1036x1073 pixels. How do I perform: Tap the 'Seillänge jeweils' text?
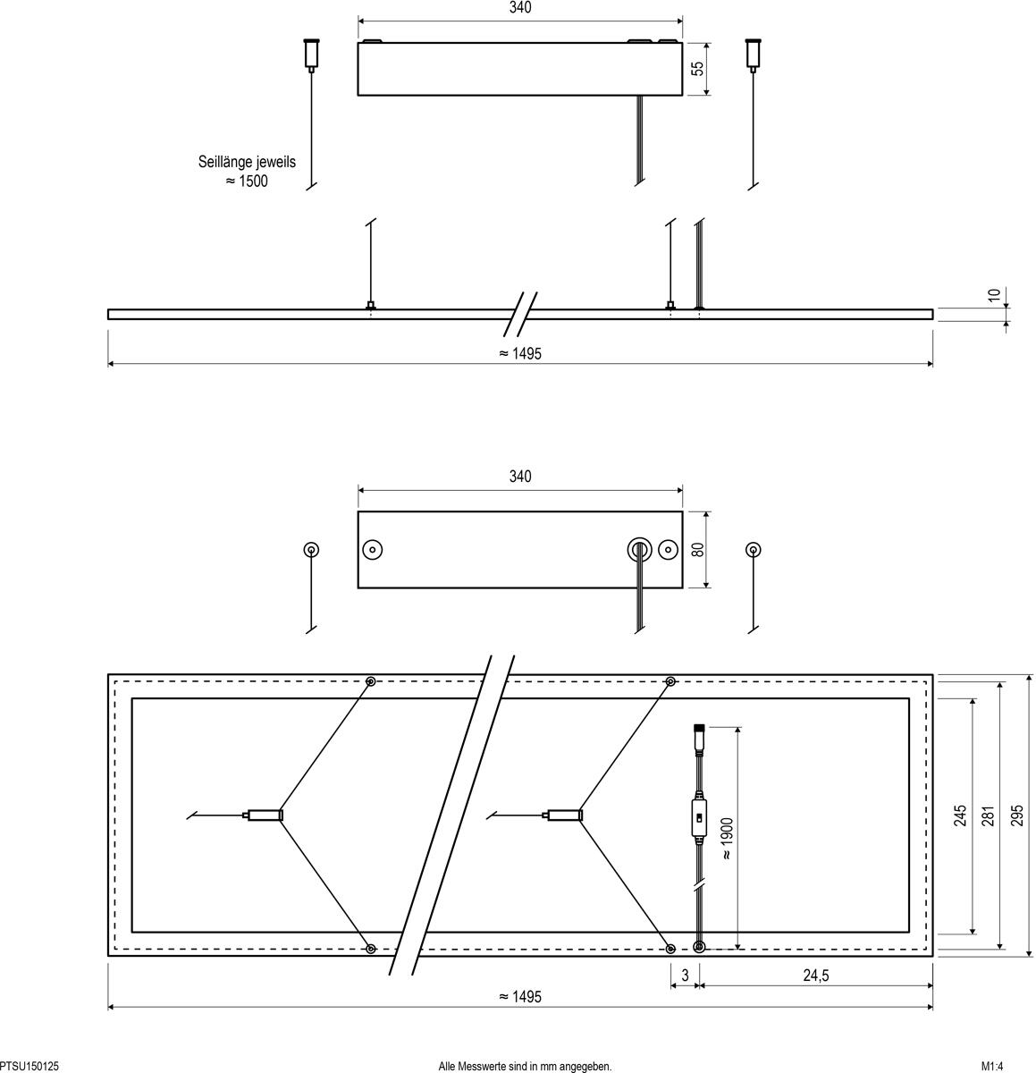point(247,163)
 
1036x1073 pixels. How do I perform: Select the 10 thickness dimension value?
point(994,296)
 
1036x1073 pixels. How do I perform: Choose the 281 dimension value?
point(989,815)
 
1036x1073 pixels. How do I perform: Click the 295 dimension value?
point(1017,815)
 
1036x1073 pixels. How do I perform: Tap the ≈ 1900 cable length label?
point(727,838)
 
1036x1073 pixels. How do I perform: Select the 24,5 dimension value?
point(814,976)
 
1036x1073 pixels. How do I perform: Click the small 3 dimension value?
point(686,976)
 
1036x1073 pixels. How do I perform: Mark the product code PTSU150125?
point(30,1066)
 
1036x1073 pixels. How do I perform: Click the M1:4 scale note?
point(992,1066)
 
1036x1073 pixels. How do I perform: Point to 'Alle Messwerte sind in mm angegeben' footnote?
point(526,1066)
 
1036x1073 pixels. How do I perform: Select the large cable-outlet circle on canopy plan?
point(638,549)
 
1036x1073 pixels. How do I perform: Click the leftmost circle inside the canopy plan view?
point(373,549)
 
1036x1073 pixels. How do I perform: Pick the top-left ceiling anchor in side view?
point(311,53)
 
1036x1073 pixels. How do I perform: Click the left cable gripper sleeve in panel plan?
point(265,815)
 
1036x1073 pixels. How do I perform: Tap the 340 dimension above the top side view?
point(520,8)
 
